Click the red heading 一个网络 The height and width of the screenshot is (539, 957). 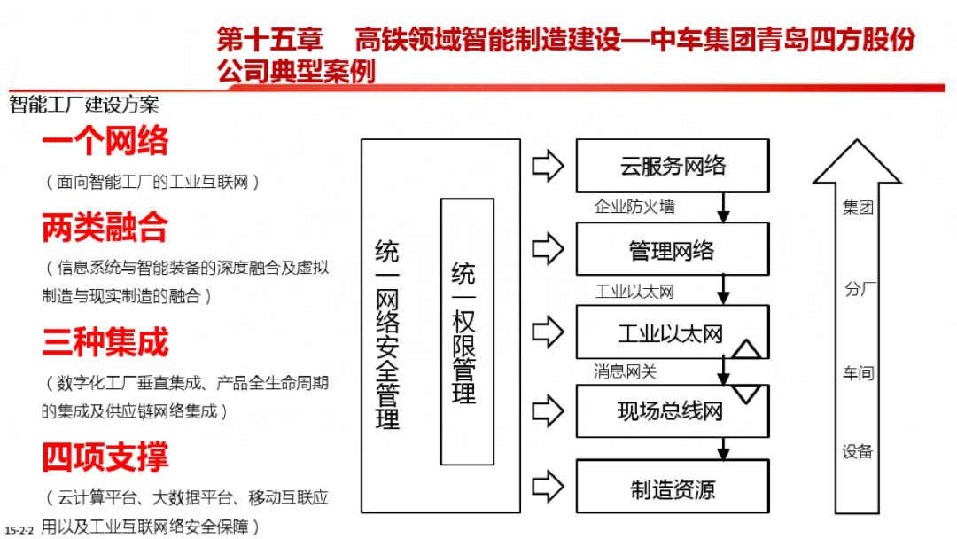tap(105, 142)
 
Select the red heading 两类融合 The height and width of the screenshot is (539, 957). tap(105, 228)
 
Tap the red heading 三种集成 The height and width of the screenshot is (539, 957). tap(105, 342)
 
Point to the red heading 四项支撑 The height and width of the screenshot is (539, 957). tap(105, 457)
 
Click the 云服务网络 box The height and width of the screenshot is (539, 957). tap(673, 166)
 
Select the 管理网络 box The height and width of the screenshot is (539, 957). tap(673, 250)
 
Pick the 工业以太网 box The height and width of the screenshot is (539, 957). tap(671, 333)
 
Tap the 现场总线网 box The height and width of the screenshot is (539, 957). tap(671, 411)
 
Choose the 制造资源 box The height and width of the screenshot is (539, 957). tap(673, 489)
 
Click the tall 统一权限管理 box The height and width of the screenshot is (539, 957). tap(466, 331)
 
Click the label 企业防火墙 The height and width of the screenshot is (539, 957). tap(634, 207)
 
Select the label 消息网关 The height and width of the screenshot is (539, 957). tap(626, 371)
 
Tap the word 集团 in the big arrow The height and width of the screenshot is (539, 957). tap(858, 209)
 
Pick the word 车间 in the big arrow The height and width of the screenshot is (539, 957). tap(858, 373)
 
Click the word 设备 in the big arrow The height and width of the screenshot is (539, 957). tap(858, 451)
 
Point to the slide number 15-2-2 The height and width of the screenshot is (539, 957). tap(19, 529)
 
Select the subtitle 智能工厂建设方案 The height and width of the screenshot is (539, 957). tap(85, 105)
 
